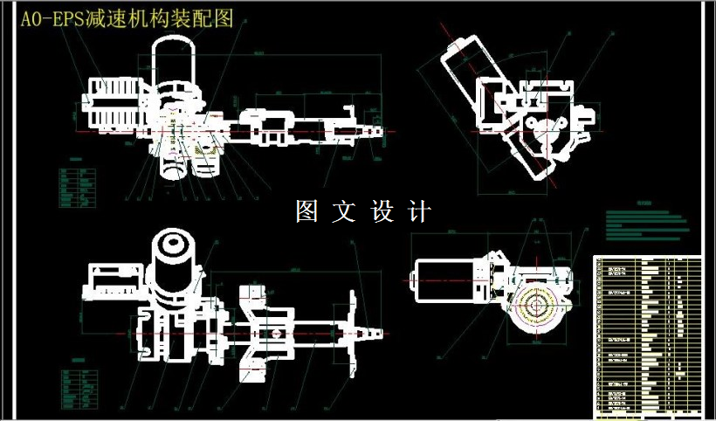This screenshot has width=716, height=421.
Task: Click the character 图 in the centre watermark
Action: [306, 211]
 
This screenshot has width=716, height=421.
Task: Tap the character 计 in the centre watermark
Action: [420, 211]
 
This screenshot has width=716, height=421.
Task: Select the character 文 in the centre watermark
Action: [344, 211]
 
